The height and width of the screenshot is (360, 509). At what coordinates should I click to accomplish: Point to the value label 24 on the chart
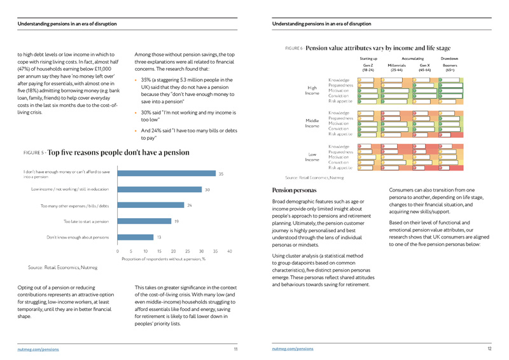pyautogui.click(x=190, y=205)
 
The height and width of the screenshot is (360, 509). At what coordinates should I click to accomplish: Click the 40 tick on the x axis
pyautogui.click(x=230, y=251)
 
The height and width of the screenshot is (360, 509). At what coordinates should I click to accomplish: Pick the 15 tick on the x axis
pyautogui.click(x=160, y=251)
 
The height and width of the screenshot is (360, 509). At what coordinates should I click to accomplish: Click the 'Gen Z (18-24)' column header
pyautogui.click(x=368, y=68)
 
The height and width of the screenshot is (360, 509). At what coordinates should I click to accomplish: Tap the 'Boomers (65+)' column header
pyautogui.click(x=450, y=68)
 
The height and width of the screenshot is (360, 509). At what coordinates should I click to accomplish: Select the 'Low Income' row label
pyautogui.click(x=312, y=156)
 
